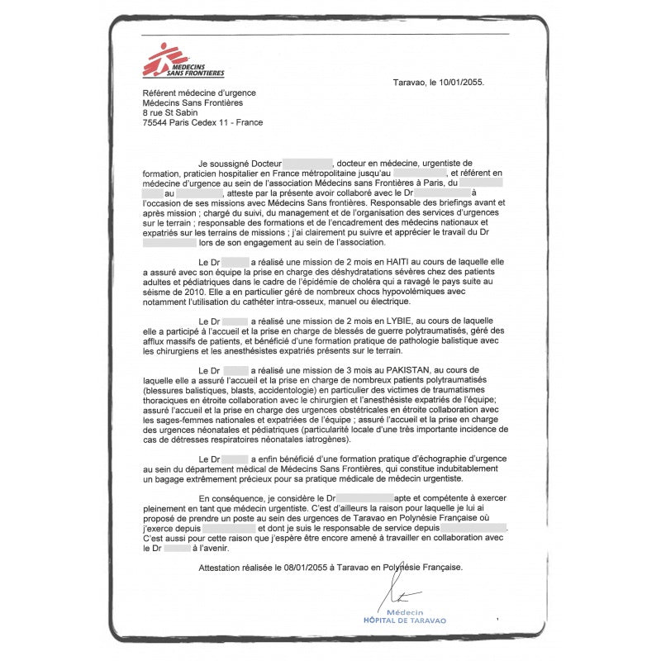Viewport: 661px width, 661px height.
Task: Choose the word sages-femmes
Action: [169, 420]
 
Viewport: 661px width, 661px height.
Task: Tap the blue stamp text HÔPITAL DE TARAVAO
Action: [405, 620]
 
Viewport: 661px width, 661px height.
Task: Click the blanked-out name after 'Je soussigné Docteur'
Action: [307, 164]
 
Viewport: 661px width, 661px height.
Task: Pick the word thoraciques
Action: [169, 400]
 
